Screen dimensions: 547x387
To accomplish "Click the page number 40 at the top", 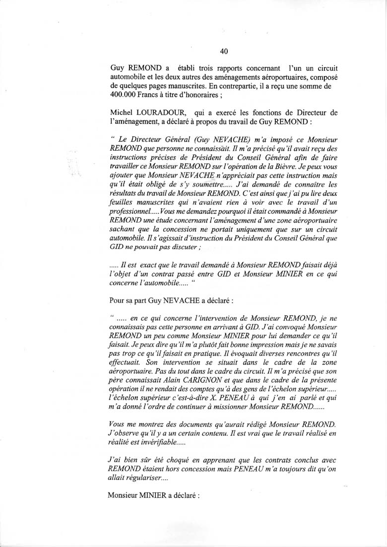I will coord(223,51).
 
